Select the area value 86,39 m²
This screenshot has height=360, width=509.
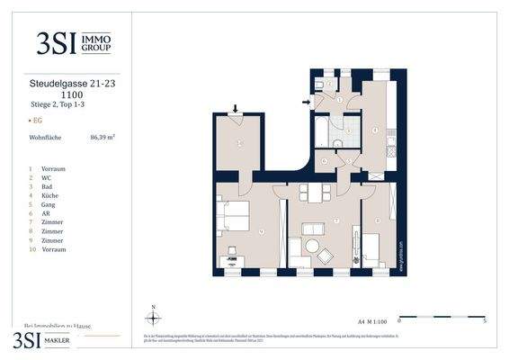(103, 138)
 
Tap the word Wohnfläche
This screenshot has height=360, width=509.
(46, 138)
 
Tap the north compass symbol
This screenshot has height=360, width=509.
(153, 317)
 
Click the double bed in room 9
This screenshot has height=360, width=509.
(233, 219)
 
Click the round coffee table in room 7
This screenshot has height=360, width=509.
(313, 246)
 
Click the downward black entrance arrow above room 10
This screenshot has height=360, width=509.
(236, 108)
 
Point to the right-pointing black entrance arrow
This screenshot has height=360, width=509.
(308, 102)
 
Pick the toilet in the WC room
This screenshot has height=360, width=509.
(321, 85)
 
